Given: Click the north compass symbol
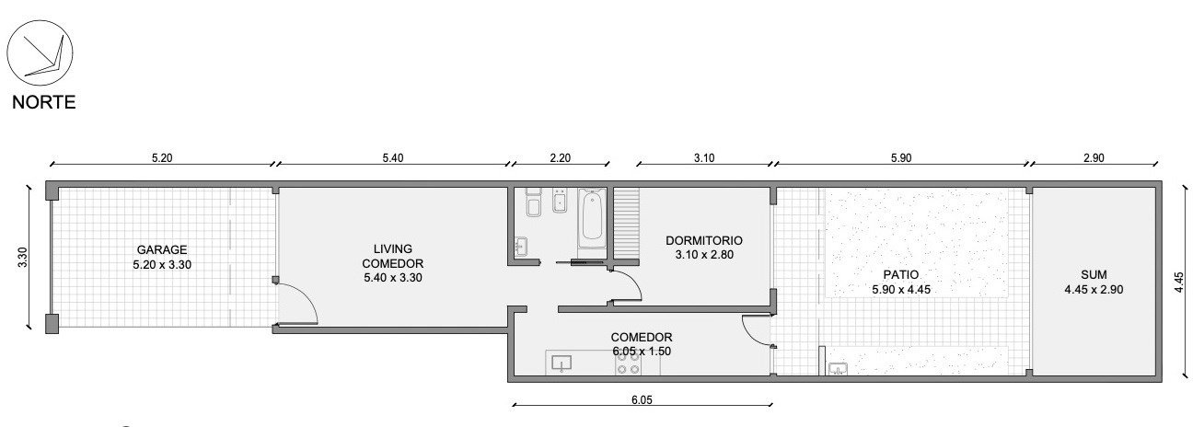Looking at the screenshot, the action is (x=40, y=52).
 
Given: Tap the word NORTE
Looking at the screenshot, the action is (x=43, y=102).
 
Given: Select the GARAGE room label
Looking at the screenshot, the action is (x=162, y=249).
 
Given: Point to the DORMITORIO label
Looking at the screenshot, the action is (x=704, y=240).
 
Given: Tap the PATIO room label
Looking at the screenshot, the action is (x=901, y=275).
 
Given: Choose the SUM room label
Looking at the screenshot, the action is (x=1094, y=274).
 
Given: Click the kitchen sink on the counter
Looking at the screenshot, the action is (x=561, y=364).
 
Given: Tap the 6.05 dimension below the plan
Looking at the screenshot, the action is (x=642, y=399).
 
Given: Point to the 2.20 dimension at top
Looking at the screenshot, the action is (x=560, y=158).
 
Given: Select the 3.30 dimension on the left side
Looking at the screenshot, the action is (x=23, y=258).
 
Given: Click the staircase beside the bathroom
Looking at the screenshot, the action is (x=626, y=223).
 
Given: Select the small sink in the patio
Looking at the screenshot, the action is (x=838, y=368).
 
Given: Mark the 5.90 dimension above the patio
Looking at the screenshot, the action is (x=901, y=158).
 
